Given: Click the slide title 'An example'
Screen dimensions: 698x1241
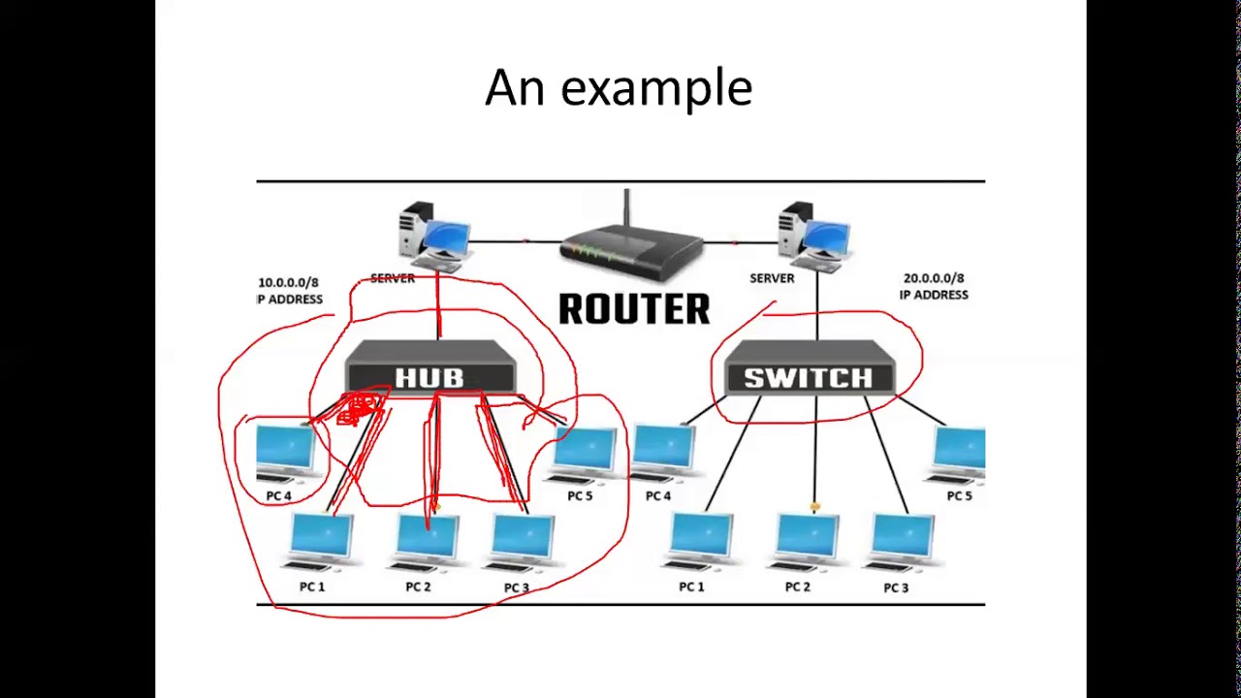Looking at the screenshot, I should click(619, 88).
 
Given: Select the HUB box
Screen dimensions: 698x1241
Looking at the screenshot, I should click(430, 368).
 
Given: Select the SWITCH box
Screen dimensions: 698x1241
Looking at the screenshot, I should click(808, 368).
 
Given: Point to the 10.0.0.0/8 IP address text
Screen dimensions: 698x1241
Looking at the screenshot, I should click(289, 291).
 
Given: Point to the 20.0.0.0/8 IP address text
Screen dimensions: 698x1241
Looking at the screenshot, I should click(933, 286).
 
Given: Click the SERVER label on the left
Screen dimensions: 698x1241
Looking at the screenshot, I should click(393, 278).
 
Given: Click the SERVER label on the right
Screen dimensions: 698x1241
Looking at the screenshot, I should click(772, 278).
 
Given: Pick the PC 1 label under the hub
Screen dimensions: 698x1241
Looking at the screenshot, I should click(312, 587).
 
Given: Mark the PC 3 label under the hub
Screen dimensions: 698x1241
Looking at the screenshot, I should click(516, 587).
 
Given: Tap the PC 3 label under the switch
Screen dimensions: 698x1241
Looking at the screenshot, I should click(896, 587).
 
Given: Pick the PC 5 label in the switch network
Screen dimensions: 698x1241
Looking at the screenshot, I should click(959, 495).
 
